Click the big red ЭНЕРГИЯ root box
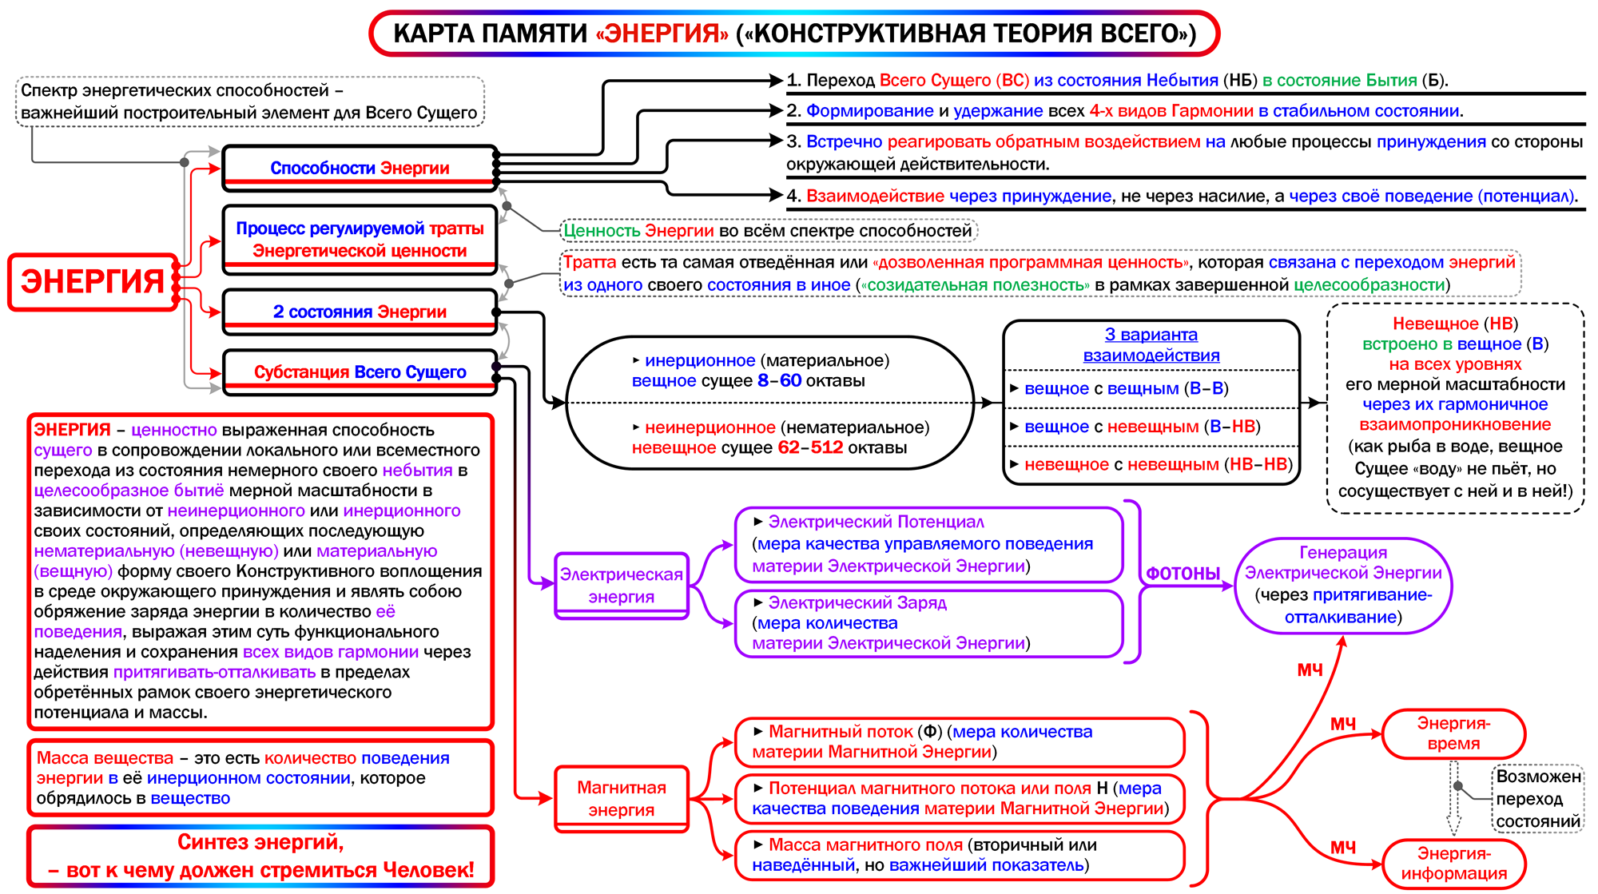click(x=93, y=281)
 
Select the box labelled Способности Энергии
click(x=360, y=168)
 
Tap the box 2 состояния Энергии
click(x=360, y=312)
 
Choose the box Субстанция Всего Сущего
click(x=360, y=372)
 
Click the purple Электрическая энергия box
click(x=621, y=586)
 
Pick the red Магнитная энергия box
click(x=621, y=798)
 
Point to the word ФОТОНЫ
click(x=1183, y=574)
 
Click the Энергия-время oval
click(x=1453, y=733)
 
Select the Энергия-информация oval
click(x=1453, y=864)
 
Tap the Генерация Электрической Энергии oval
click(x=1343, y=585)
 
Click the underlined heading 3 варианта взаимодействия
click(x=1151, y=345)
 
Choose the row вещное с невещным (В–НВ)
click(x=1143, y=427)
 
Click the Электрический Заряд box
click(x=928, y=623)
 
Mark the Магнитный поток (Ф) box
click(x=959, y=741)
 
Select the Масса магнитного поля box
click(x=959, y=855)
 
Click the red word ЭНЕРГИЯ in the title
click(x=662, y=34)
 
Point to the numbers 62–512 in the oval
click(x=810, y=447)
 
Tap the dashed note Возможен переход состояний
click(x=1537, y=799)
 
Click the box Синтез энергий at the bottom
click(x=260, y=856)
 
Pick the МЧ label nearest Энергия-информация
click(x=1342, y=847)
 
